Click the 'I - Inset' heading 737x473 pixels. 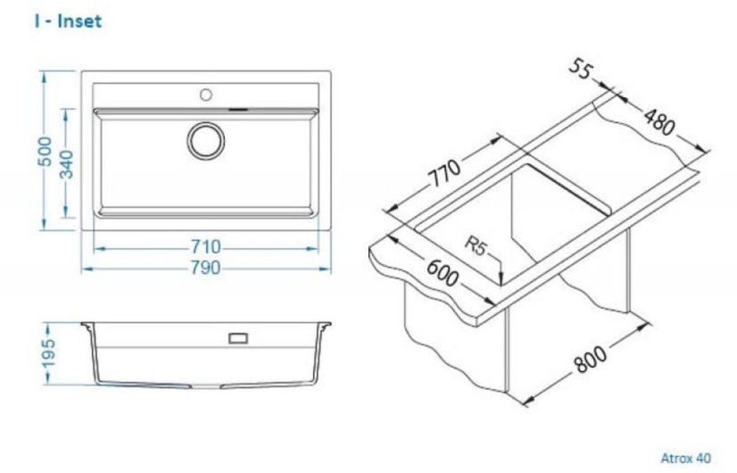68,21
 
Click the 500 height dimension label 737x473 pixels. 46,151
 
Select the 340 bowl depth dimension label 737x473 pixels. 66,164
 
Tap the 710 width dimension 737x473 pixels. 205,247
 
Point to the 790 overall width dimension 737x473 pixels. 205,268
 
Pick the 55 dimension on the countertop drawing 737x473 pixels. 581,70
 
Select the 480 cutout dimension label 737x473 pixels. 659,121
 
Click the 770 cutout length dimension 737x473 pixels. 444,173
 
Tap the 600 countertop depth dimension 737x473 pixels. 442,273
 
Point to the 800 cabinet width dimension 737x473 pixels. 591,360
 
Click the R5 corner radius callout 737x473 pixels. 475,245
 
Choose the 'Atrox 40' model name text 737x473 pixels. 686,458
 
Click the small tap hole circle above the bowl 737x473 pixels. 206,95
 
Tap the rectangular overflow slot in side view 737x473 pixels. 238,337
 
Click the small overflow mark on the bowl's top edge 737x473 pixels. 238,110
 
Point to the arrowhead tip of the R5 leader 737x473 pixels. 501,284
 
